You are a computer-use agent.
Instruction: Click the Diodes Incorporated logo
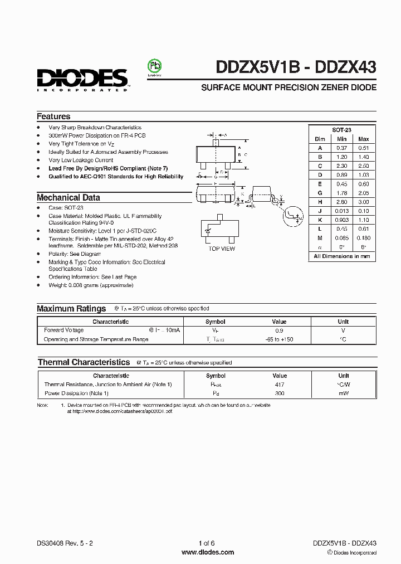(83, 79)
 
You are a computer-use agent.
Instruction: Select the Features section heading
(53, 116)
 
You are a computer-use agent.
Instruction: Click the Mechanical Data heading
(69, 197)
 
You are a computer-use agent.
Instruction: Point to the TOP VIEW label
(222, 249)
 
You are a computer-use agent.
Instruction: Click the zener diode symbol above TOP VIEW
(210, 230)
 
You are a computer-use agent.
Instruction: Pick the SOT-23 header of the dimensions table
(342, 129)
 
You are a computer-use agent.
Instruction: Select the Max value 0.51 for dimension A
(363, 148)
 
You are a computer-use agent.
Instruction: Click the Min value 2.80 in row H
(341, 202)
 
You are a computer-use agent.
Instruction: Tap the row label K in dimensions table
(320, 220)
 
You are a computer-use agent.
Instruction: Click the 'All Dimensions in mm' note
(342, 256)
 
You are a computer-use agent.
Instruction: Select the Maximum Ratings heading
(71, 308)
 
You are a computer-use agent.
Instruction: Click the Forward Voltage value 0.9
(279, 330)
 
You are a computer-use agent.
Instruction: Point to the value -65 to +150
(279, 339)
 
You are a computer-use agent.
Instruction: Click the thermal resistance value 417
(280, 385)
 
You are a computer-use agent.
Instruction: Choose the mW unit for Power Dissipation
(343, 393)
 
